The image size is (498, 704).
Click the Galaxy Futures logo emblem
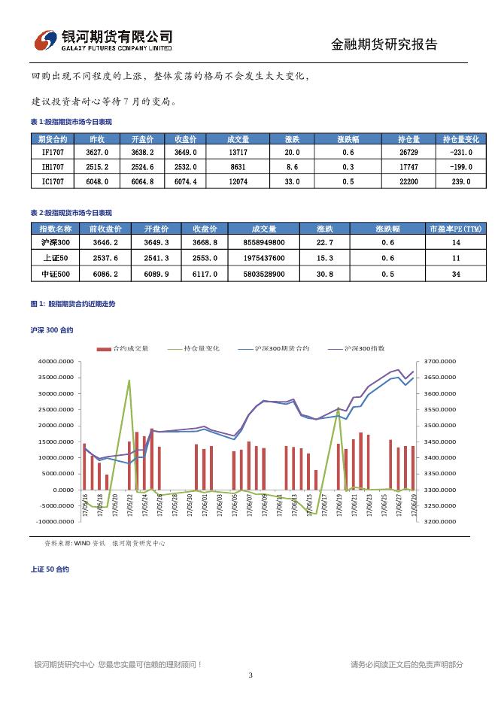click(47, 40)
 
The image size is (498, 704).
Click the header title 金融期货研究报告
click(384, 44)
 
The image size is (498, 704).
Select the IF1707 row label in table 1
click(53, 153)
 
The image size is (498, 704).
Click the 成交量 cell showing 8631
click(238, 167)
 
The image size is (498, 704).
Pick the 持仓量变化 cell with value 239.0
click(460, 181)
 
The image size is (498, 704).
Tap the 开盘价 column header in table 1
click(142, 139)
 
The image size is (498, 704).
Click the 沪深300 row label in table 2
click(55, 243)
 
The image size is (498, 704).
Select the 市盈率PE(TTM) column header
click(455, 229)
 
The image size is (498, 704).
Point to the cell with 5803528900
click(264, 275)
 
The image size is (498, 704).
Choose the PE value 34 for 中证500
click(456, 275)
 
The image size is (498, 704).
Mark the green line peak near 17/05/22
click(129, 381)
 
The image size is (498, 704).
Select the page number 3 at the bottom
click(250, 675)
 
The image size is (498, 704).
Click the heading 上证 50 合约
click(50, 569)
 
